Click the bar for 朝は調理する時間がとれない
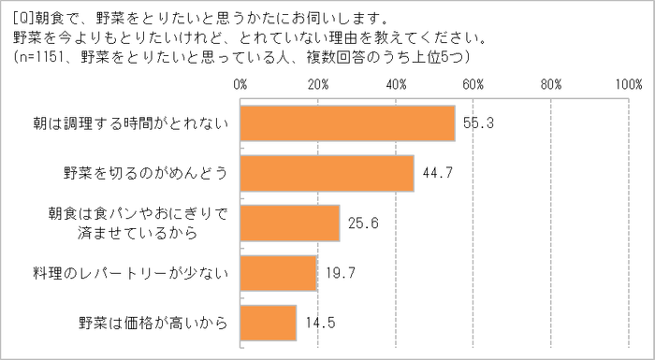[x=347, y=122]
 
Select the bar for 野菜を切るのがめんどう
[x=327, y=173]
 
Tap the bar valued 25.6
[x=290, y=223]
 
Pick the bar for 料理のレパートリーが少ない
[x=279, y=273]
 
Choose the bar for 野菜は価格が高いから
[x=269, y=323]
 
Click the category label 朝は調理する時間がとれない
[x=123, y=122]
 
